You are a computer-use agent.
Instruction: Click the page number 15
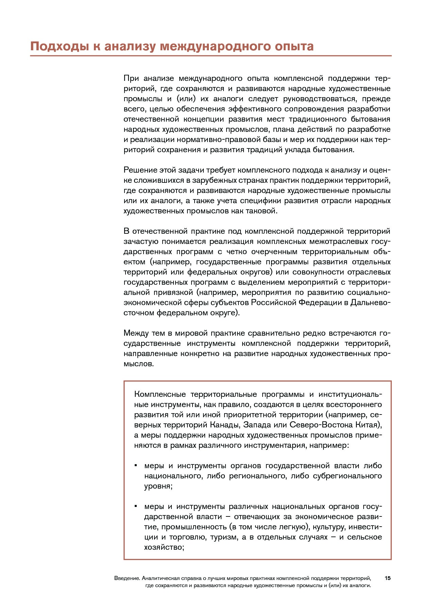387,578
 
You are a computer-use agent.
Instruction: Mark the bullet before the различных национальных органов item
136,506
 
